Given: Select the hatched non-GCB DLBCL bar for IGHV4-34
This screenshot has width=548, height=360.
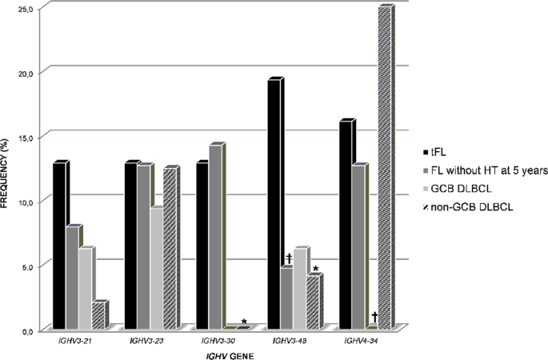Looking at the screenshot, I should [384, 168].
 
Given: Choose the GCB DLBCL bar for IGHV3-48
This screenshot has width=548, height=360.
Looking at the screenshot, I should [299, 288].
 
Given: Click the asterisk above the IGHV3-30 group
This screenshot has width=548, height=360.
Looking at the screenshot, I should [244, 322].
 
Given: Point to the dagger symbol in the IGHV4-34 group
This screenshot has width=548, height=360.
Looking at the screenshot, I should [374, 318].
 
